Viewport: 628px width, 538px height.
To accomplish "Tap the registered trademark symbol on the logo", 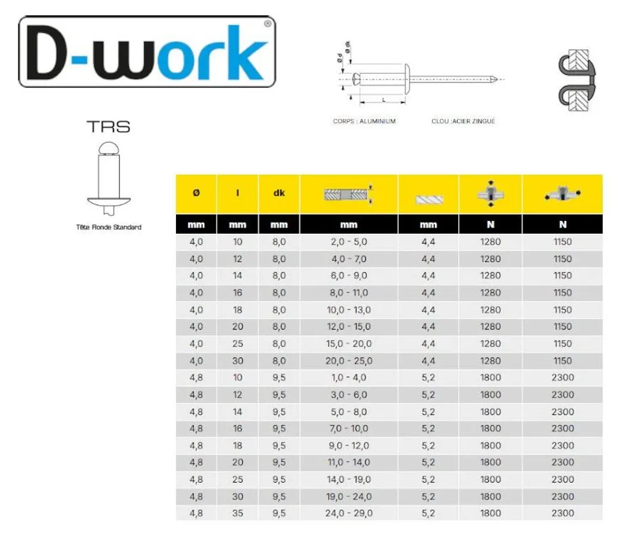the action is tap(267, 24).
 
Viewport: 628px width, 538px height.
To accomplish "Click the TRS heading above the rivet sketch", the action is tap(109, 126).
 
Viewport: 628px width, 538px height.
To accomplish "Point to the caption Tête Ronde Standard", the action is tap(109, 227).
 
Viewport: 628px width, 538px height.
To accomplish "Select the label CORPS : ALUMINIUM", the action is tap(364, 121).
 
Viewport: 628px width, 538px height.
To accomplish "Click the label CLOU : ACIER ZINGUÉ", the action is tap(463, 121).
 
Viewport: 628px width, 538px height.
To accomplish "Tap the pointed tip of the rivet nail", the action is tap(497, 79).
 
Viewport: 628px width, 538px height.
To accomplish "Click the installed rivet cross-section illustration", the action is tap(576, 80).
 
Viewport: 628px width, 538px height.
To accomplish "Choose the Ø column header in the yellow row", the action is tap(196, 193).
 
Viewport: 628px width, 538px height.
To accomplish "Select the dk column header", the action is tap(279, 193).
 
